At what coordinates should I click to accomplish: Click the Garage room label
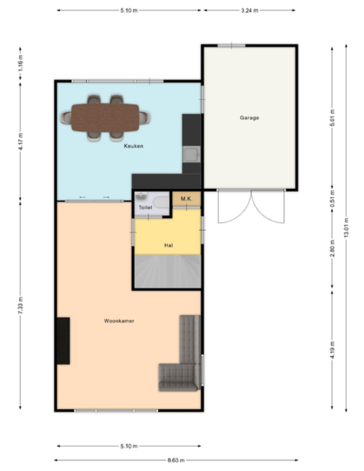[x=249, y=118]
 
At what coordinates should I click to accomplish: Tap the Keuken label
[x=133, y=146]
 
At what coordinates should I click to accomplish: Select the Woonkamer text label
[x=119, y=321]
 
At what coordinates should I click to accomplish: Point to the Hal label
[x=169, y=245]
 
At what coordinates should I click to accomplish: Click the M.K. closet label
[x=187, y=199]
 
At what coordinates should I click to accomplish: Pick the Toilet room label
[x=145, y=207]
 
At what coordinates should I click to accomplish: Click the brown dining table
[x=105, y=118]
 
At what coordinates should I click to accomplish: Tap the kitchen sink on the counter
[x=191, y=154]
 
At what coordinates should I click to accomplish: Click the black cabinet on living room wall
[x=63, y=341]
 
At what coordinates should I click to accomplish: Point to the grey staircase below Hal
[x=167, y=271]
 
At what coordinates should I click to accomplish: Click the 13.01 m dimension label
[x=346, y=228]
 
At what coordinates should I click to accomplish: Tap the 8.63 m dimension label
[x=176, y=460]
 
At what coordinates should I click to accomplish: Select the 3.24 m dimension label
[x=249, y=11]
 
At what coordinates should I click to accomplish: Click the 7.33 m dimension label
[x=20, y=305]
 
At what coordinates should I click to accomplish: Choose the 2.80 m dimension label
[x=332, y=249]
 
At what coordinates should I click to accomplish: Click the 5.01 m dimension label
[x=332, y=118]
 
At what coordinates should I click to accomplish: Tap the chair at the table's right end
[x=145, y=118]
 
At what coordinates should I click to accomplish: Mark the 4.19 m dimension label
[x=332, y=350]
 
